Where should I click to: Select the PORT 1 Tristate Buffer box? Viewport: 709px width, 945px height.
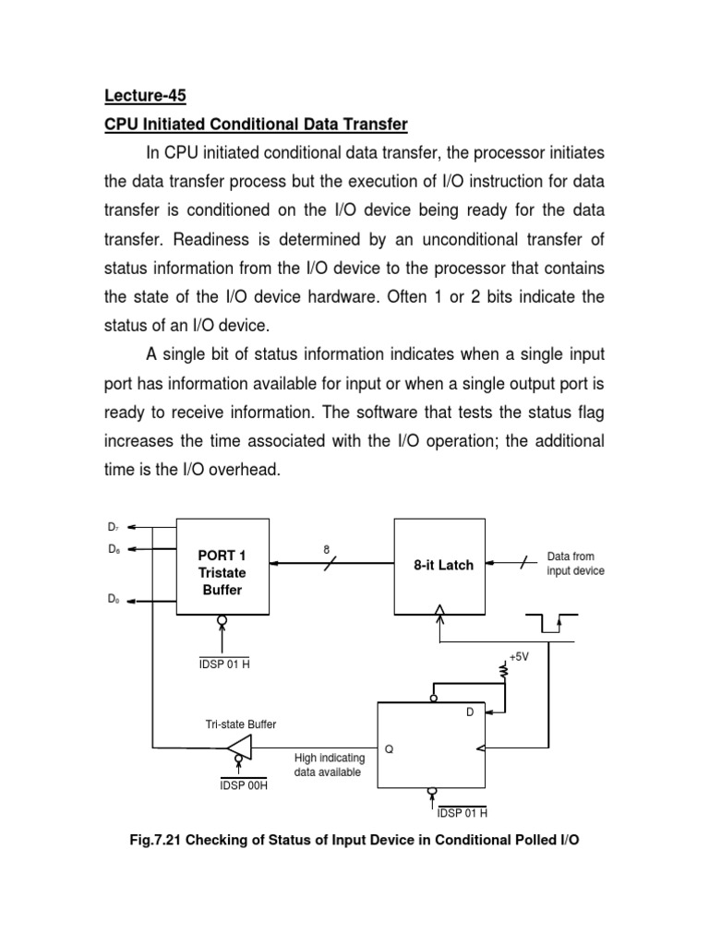click(x=222, y=573)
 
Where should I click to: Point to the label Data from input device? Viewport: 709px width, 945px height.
click(x=575, y=564)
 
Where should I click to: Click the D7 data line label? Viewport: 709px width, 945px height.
click(x=113, y=527)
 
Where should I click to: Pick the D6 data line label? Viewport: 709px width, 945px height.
click(x=113, y=549)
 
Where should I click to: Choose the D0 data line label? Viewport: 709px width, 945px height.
click(x=113, y=598)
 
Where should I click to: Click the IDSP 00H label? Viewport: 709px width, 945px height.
click(x=244, y=784)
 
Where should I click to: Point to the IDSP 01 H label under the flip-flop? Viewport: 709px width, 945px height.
click(x=461, y=813)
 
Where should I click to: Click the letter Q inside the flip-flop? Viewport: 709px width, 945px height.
click(x=389, y=749)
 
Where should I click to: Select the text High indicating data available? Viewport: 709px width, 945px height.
click(x=329, y=765)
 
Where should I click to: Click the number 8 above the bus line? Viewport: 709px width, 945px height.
click(x=326, y=549)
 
